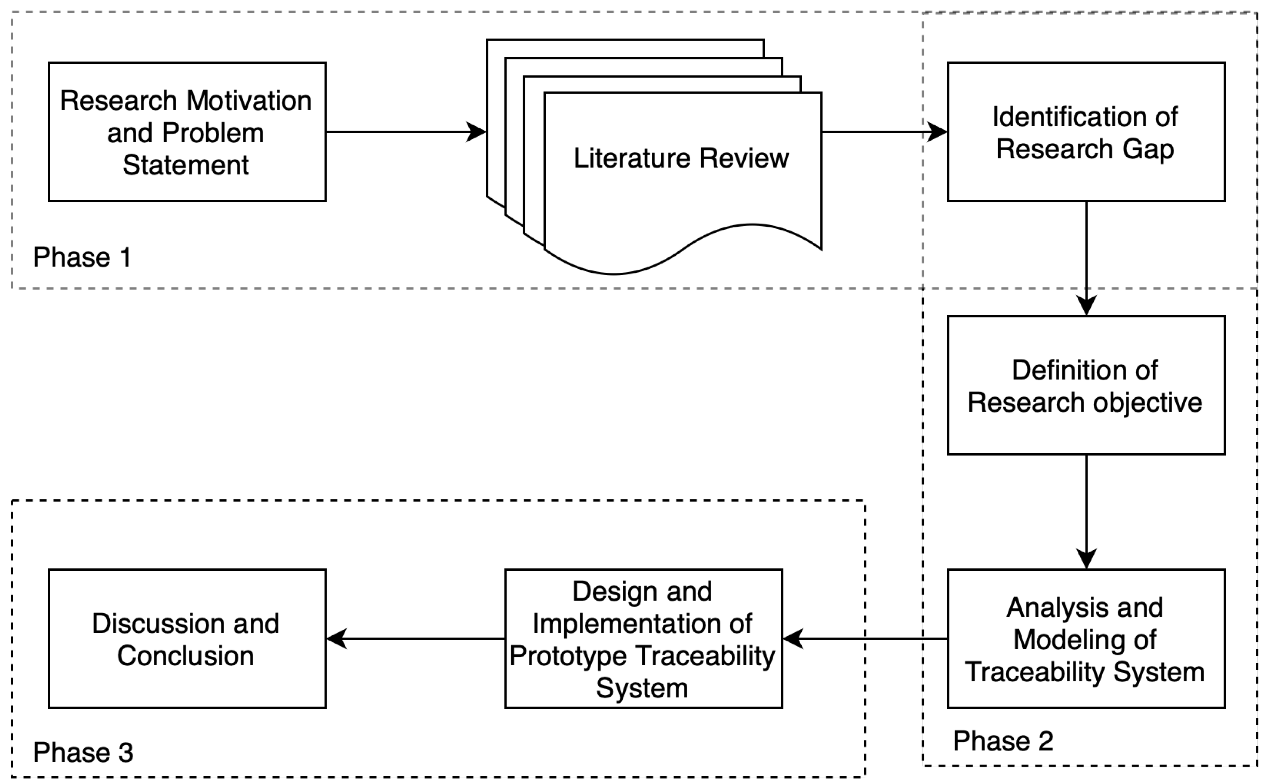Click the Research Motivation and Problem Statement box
point(187,132)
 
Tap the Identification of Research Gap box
point(1086,132)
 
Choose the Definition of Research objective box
point(1086,385)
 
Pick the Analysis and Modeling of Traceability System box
point(1086,639)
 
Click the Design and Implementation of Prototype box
point(643,639)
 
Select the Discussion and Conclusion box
point(187,639)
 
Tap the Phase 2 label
point(1003,741)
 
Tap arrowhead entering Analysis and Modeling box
point(1086,559)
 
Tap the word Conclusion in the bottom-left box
point(185,656)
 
